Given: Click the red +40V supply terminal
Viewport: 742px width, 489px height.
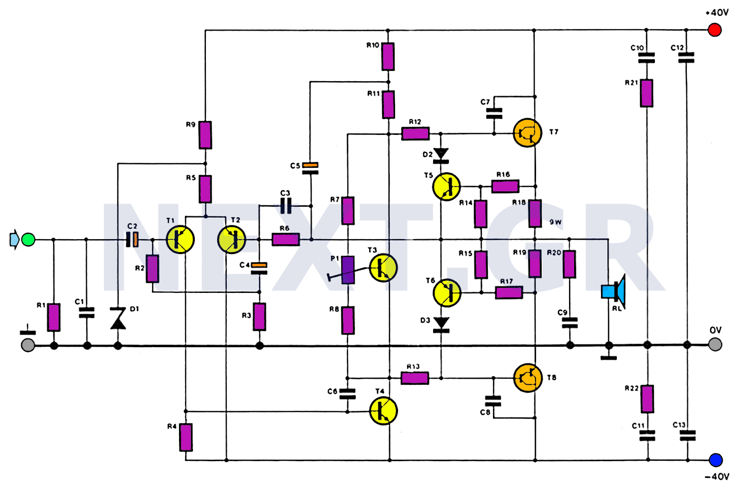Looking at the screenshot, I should [x=714, y=30].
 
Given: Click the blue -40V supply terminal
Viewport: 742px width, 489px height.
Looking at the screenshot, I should [x=716, y=460].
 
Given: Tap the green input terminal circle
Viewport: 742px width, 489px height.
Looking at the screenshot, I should [x=28, y=240].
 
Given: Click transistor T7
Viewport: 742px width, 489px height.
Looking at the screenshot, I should [x=528, y=133].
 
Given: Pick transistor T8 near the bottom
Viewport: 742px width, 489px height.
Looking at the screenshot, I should [x=528, y=378].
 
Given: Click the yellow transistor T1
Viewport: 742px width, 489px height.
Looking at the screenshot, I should [x=180, y=240].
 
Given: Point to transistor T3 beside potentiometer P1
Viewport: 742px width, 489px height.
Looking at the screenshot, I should [x=383, y=268].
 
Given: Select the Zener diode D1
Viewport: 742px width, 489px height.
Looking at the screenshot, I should [x=118, y=319].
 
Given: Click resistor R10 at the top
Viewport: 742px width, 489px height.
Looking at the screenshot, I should [x=388, y=57].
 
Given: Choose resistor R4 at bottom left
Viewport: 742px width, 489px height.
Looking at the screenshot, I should [x=186, y=437].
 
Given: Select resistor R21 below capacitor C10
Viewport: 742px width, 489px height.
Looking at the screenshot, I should [x=646, y=93].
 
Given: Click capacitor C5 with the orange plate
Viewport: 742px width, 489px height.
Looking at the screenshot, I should [x=310, y=168].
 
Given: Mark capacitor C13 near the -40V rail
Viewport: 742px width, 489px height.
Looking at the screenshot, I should [x=687, y=435].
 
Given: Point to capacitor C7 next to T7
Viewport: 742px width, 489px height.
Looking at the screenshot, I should [x=494, y=113].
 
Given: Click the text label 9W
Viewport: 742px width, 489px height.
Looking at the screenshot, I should [x=556, y=222].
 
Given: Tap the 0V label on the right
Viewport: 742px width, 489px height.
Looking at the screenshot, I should [x=715, y=330].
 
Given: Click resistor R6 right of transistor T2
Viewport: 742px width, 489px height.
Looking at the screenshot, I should [x=285, y=240].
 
